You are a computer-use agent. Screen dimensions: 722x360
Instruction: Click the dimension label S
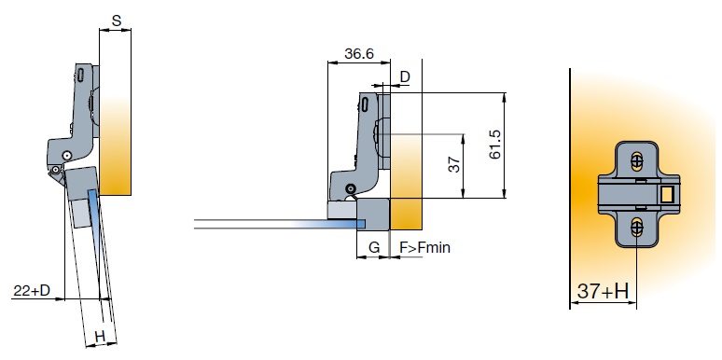(x=117, y=21)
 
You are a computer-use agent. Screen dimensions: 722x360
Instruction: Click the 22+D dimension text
(x=32, y=290)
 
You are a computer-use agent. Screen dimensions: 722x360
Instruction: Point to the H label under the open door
(x=100, y=337)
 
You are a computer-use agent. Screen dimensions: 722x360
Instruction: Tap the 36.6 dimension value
(x=359, y=53)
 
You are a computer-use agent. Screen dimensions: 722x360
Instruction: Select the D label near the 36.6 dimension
(x=405, y=76)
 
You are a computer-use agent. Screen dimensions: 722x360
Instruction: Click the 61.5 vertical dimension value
(x=495, y=145)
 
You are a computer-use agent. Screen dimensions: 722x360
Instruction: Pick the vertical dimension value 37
(x=454, y=164)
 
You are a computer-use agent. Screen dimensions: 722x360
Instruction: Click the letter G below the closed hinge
(x=374, y=248)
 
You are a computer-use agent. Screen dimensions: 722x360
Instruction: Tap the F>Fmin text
(x=424, y=248)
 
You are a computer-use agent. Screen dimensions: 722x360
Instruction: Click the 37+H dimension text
(x=603, y=291)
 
